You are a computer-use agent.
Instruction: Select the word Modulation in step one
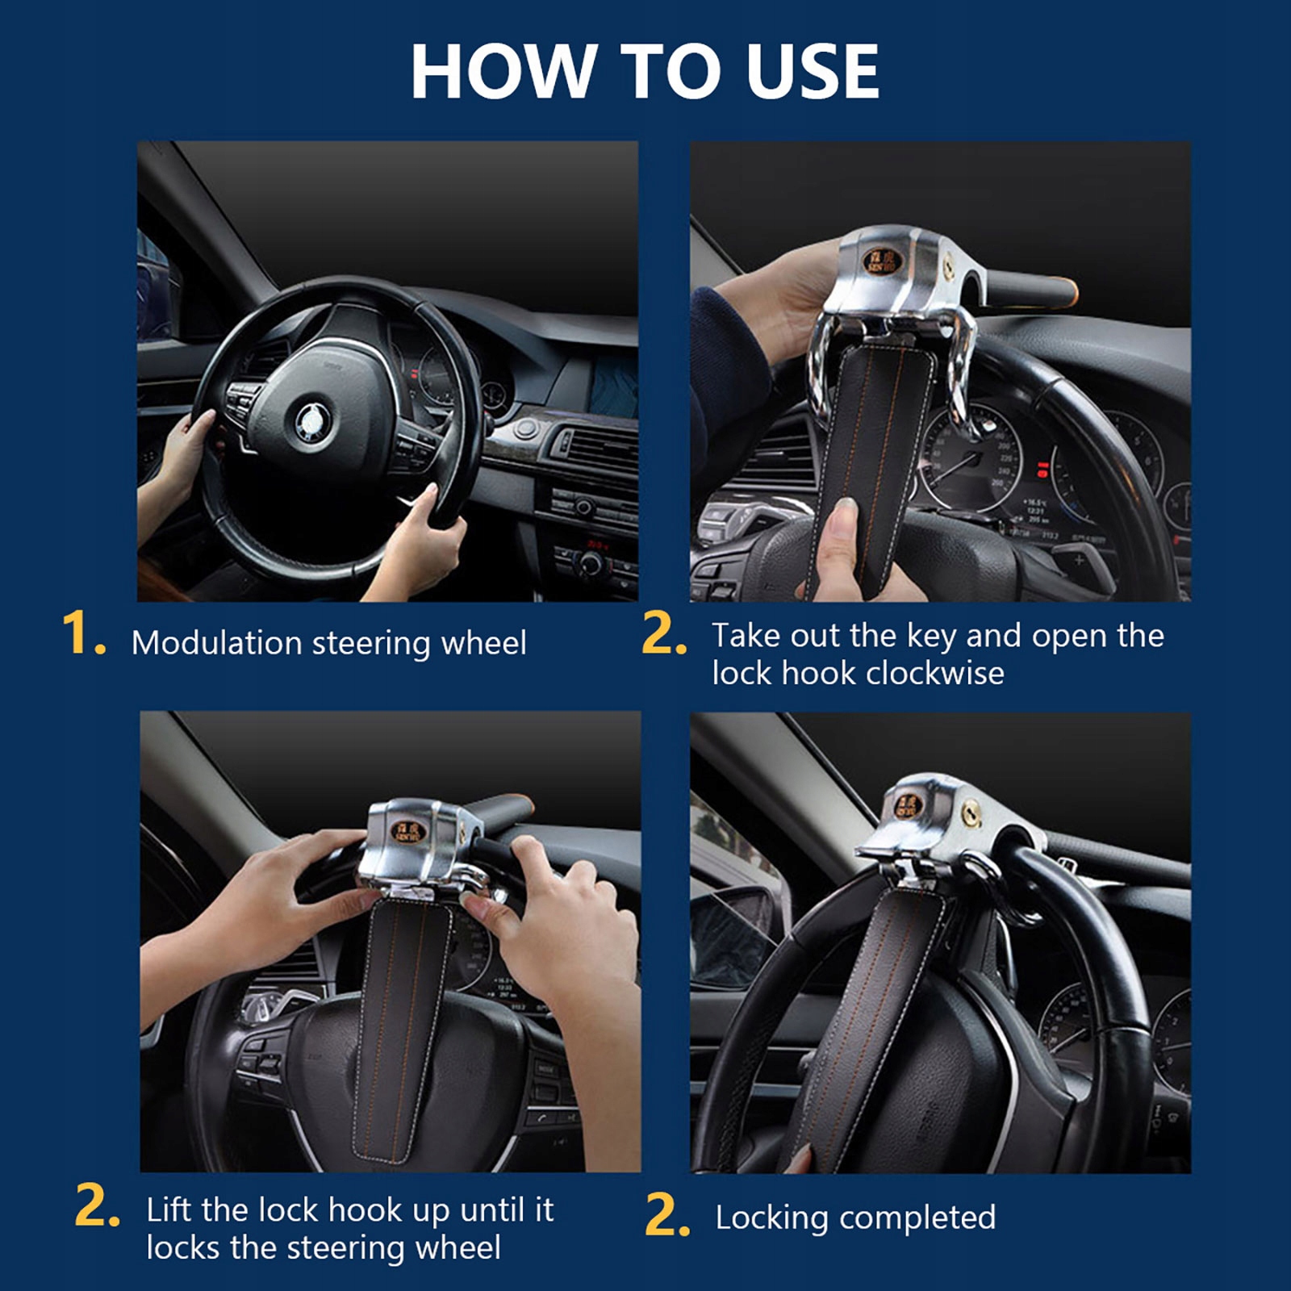pos(216,643)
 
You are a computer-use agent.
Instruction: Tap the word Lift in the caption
pos(169,1210)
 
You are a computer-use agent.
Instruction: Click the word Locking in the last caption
pos(771,1218)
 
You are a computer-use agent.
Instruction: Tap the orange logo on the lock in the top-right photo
pos(882,260)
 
